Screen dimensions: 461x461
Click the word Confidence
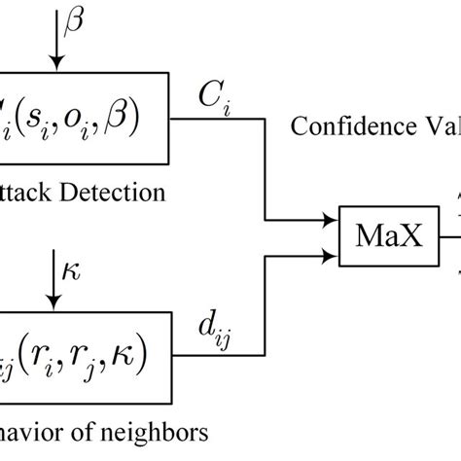334,126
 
